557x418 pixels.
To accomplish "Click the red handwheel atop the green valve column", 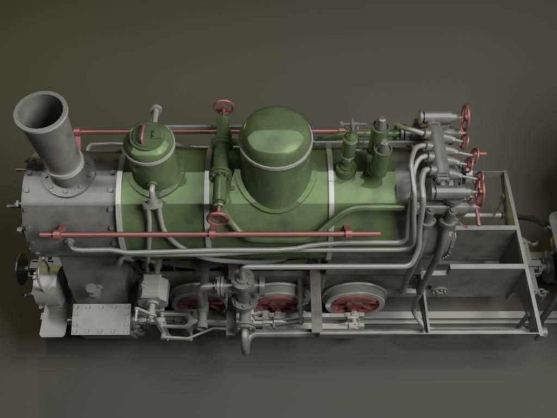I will [x=223, y=107].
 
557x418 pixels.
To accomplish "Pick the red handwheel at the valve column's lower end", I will [x=218, y=219].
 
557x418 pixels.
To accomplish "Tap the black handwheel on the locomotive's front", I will [x=22, y=269].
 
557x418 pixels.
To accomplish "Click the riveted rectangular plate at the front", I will [x=101, y=319].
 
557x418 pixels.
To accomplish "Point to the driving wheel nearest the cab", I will [x=354, y=299].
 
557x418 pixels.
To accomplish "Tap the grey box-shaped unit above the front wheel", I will [x=153, y=290].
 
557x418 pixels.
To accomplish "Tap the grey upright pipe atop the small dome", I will [x=156, y=113].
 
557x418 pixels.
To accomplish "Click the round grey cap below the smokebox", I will [x=94, y=290].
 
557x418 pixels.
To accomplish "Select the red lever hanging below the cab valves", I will [x=477, y=216].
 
